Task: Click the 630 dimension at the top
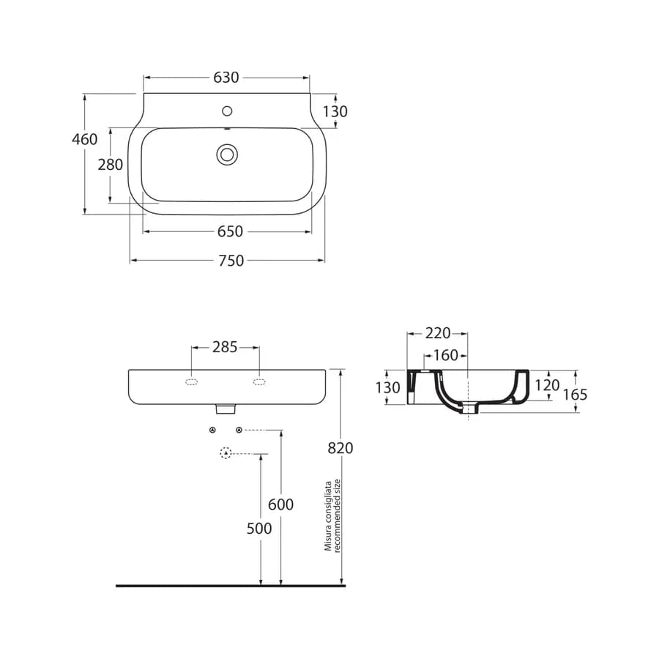pos(226,78)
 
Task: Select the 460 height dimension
pos(84,139)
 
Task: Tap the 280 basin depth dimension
pos(110,164)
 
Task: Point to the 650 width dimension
pos(230,231)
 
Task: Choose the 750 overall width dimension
pos(231,261)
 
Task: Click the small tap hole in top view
pos(227,111)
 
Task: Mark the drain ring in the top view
pos(227,154)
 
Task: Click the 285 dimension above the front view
pos(225,347)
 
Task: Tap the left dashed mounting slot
pos(191,381)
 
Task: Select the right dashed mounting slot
pos(259,381)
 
